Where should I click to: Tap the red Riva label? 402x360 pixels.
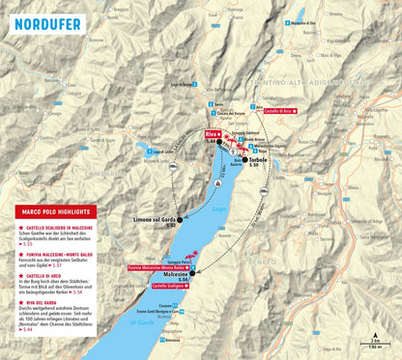click(x=213, y=135)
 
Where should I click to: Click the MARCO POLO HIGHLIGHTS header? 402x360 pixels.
click(x=52, y=211)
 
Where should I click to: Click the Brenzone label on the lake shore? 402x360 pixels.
click(x=172, y=340)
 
